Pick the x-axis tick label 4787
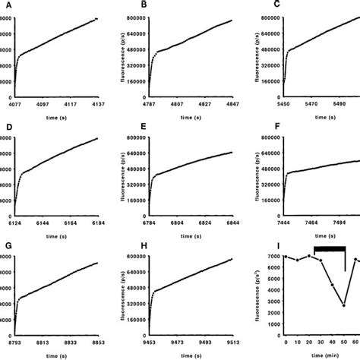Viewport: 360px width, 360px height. coord(155,103)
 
